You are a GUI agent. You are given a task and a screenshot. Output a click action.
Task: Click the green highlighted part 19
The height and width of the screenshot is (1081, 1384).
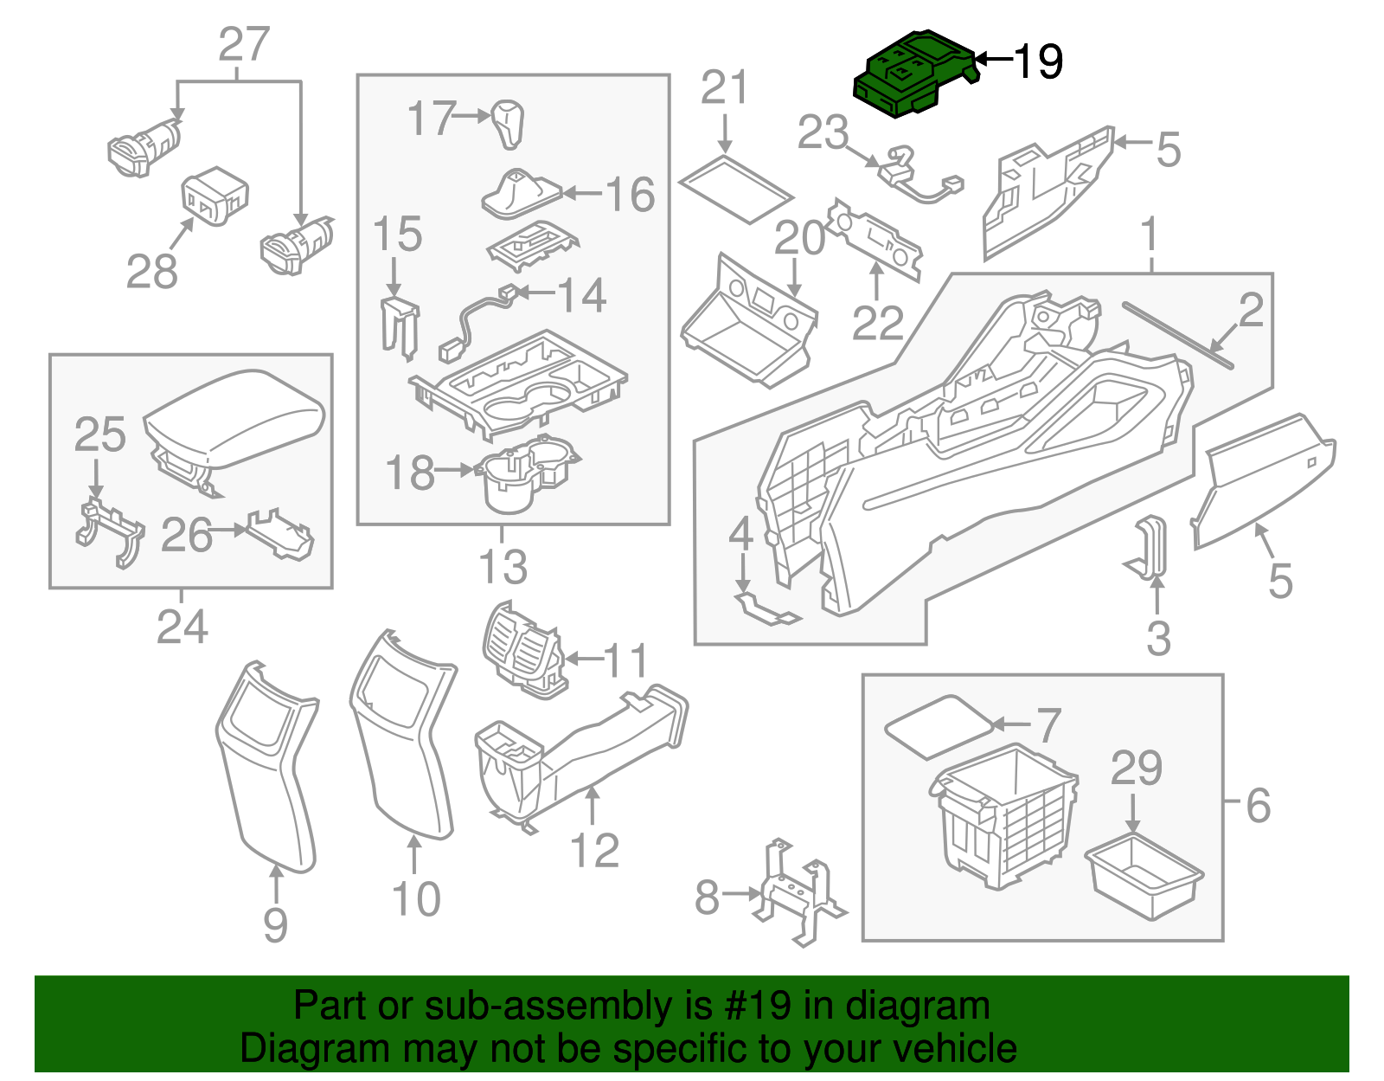908,73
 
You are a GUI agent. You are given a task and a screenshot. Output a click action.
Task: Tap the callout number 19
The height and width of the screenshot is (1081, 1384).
1038,62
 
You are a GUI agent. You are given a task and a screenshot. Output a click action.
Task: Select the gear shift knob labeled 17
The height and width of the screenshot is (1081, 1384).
509,123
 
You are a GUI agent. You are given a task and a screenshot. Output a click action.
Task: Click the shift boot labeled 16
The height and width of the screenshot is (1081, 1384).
519,194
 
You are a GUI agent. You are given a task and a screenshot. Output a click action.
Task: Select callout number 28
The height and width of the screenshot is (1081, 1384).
152,272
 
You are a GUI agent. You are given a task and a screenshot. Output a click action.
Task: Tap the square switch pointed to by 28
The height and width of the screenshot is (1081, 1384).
215,196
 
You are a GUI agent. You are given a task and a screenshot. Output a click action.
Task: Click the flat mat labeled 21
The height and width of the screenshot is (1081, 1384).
735,188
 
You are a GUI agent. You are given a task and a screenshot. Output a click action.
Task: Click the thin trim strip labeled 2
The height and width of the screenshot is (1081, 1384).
1176,334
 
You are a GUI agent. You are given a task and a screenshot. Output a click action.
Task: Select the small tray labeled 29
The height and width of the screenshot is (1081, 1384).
1144,877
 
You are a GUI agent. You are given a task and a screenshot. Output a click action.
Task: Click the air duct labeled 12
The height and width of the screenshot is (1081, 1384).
588,753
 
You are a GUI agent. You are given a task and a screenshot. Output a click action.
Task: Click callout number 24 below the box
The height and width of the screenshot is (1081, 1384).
182,627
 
